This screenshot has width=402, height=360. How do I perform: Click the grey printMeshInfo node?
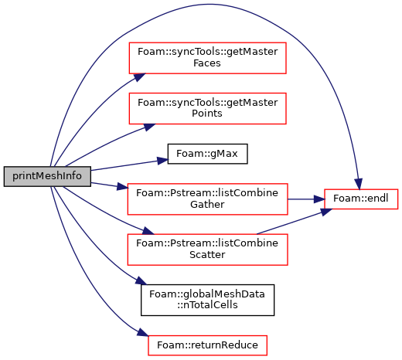[x=47, y=176]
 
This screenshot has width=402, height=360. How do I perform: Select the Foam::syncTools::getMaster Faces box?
[x=207, y=58]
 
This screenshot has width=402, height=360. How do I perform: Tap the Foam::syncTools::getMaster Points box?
[x=207, y=108]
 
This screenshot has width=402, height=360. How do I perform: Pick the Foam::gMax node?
[x=207, y=154]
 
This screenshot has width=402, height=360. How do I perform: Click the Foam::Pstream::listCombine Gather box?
[x=207, y=199]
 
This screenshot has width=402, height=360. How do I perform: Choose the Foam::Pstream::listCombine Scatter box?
[x=207, y=250]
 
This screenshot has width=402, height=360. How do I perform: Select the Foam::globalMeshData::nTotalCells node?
[x=207, y=300]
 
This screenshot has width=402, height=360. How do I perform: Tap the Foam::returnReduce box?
[x=207, y=345]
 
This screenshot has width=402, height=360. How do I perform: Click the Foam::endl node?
[x=361, y=199]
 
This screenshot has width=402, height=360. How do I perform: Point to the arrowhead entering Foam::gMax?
[x=162, y=161]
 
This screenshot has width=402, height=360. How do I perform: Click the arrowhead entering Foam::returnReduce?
[x=142, y=332]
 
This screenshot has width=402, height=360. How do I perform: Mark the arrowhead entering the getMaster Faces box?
[x=140, y=77]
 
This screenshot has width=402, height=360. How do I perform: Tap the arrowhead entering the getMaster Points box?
[x=149, y=127]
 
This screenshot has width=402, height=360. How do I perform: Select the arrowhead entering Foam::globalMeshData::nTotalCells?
[x=141, y=280]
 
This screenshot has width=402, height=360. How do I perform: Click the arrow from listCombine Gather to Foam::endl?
[x=306, y=199]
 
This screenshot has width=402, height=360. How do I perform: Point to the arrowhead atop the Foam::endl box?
[x=359, y=184]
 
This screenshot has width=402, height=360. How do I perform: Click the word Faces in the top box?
[x=207, y=63]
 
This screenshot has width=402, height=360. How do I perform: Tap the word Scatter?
[x=207, y=255]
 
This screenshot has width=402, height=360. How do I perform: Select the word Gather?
[x=207, y=205]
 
